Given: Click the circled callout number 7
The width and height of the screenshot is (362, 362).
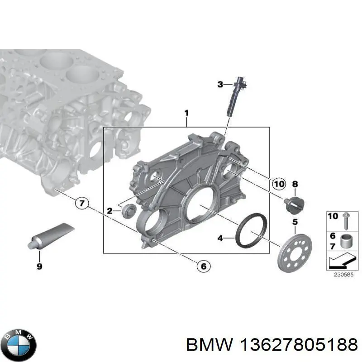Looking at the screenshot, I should pos(81,203).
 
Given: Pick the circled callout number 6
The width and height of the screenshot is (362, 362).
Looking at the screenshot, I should pos(203,267).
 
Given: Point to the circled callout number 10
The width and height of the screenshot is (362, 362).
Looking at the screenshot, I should pos(279,184).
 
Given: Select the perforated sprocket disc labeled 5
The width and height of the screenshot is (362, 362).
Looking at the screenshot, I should pos(294,250).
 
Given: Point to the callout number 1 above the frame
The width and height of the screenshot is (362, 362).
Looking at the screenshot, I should pos(186,112).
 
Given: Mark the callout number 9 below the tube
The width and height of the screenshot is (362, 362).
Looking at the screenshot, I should pos(39,266).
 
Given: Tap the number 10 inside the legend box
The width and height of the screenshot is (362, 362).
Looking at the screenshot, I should pos(333,216).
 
